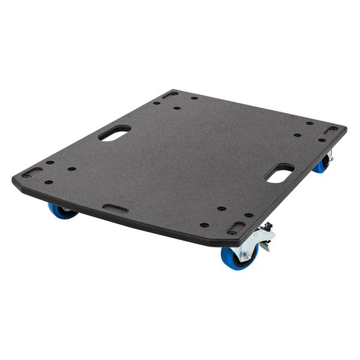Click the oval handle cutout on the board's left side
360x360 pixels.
pyautogui.click(x=114, y=133)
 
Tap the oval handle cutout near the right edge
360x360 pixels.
pyautogui.click(x=279, y=173)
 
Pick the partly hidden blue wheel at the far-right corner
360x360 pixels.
pyautogui.click(x=321, y=165)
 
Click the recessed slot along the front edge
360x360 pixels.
pyautogui.click(x=115, y=208)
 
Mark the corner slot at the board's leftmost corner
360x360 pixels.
pyautogui.click(x=32, y=172)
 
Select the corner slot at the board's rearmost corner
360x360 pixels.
pyautogui.click(x=170, y=95)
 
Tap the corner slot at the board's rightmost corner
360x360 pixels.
pyautogui.click(x=331, y=130)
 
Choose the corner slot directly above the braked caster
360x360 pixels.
pyautogui.click(x=236, y=229)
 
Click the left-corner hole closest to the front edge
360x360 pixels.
pyautogui.click(x=49, y=182)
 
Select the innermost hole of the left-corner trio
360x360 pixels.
pyautogui.click(x=72, y=169)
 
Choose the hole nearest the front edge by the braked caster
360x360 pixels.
pyautogui.click(x=204, y=225)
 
